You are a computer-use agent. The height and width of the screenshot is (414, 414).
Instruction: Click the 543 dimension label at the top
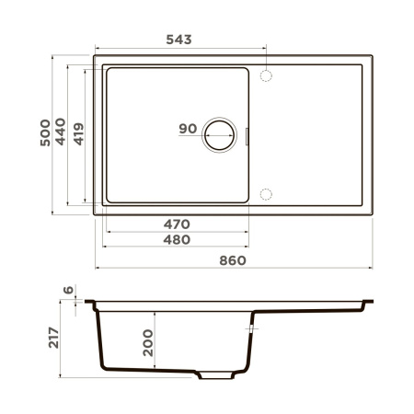click(x=178, y=40)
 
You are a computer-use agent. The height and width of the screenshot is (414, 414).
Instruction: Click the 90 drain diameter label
click(x=188, y=129)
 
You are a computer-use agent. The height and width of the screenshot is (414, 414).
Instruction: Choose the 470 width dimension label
click(x=176, y=224)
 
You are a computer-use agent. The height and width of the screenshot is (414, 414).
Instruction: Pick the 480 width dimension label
click(x=176, y=240)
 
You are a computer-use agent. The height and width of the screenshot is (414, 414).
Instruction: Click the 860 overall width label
click(x=233, y=260)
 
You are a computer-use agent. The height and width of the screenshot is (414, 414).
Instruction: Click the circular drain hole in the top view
click(x=221, y=134)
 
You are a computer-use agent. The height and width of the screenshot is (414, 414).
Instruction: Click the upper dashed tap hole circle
click(x=267, y=75)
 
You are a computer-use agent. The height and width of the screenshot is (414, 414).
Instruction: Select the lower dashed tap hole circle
click(x=267, y=193)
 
